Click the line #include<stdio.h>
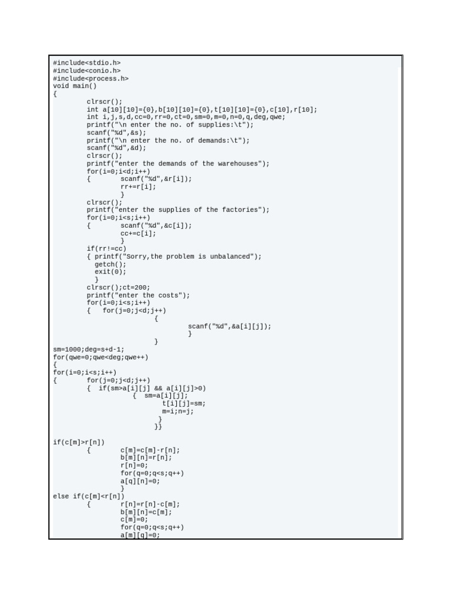pos(87,63)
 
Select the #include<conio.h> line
pos(87,70)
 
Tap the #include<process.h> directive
pos(90,78)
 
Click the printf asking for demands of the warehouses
pos(178,164)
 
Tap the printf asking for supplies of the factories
pos(178,210)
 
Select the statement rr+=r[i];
pos(139,187)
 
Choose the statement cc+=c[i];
pos(139,233)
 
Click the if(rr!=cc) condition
pos(106,249)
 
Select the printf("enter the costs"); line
pos(139,295)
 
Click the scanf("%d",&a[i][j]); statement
pos(230,326)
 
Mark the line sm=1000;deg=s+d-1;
pos(89,349)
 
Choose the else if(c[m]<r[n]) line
pos(89,497)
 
